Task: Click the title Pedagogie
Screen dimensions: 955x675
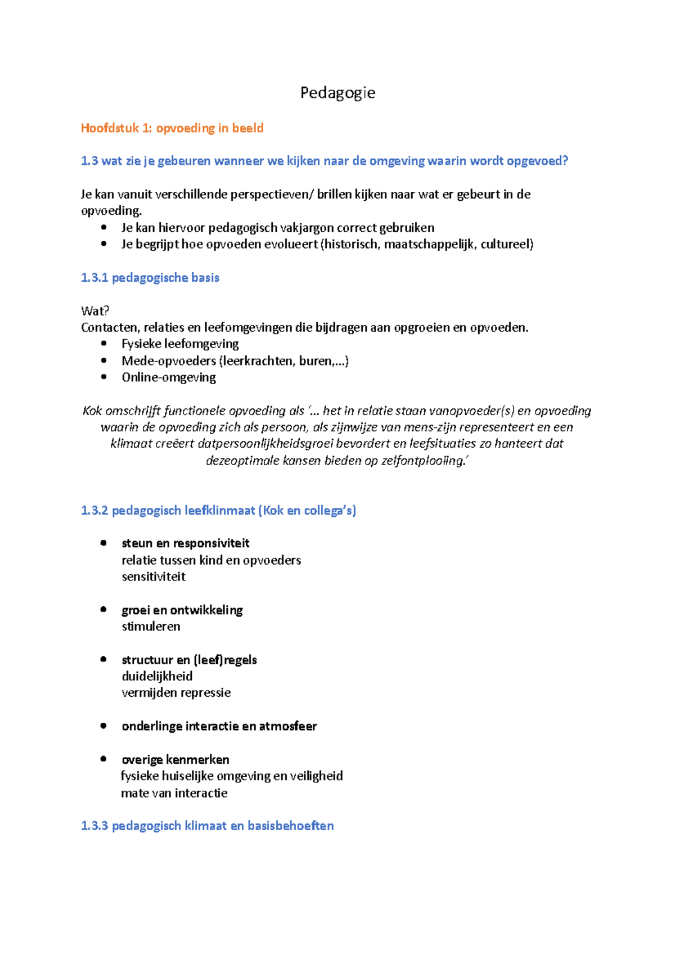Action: click(x=337, y=93)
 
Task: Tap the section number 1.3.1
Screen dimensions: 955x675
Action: click(x=94, y=278)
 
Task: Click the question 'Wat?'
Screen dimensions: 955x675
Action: click(x=95, y=311)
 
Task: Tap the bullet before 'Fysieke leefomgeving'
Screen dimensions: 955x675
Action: click(x=103, y=344)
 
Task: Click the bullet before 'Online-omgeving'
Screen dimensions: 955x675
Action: click(x=103, y=377)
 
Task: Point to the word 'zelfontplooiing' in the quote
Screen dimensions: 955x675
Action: click(x=424, y=461)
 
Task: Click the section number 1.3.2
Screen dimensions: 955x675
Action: click(x=94, y=511)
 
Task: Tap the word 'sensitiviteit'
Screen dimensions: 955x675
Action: click(x=154, y=576)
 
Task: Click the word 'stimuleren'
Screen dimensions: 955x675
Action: click(x=151, y=627)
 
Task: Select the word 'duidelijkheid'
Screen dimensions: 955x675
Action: click(x=157, y=676)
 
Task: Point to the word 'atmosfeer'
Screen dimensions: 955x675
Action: click(x=288, y=726)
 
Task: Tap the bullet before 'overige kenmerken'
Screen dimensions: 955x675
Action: click(x=103, y=759)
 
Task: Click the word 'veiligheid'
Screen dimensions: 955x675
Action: click(x=316, y=776)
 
